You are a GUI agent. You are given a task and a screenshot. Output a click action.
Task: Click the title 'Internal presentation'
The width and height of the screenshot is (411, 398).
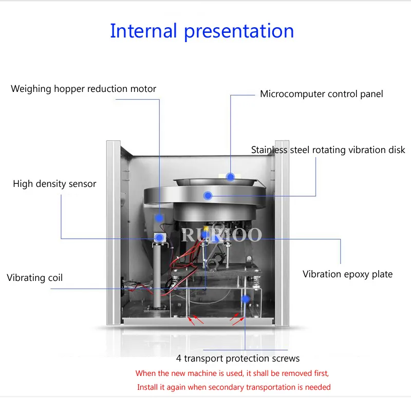click(x=202, y=31)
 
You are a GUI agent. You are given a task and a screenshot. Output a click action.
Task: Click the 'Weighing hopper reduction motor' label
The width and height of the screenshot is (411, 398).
click(x=83, y=89)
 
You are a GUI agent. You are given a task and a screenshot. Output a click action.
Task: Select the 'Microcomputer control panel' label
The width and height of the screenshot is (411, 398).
click(x=321, y=94)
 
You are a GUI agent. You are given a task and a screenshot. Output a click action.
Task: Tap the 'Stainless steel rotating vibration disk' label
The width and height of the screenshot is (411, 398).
click(x=328, y=150)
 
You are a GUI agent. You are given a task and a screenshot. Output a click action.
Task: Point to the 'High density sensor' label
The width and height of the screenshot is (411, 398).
click(x=54, y=183)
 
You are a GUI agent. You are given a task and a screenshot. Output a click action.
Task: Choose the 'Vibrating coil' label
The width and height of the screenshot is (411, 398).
click(x=34, y=278)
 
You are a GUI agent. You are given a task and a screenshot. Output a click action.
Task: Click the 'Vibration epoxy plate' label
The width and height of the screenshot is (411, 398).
click(x=347, y=274)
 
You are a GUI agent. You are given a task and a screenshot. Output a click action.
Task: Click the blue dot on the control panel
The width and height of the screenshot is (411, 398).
click(x=231, y=177)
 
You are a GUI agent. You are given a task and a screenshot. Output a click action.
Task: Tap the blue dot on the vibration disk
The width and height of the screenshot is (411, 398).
click(x=208, y=195)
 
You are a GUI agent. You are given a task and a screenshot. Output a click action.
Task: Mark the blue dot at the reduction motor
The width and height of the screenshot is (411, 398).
click(x=160, y=218)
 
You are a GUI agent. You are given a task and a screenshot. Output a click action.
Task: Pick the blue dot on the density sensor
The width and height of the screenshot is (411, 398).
click(x=160, y=238)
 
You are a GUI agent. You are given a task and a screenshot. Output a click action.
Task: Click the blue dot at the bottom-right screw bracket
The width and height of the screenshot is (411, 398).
click(x=246, y=299)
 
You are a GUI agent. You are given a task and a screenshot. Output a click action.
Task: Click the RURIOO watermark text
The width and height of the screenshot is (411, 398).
click(x=222, y=236)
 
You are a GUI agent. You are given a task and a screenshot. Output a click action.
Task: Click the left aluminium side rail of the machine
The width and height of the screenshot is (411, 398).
click(x=113, y=231)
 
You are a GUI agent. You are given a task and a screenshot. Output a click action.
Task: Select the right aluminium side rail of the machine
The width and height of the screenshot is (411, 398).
click(x=282, y=231)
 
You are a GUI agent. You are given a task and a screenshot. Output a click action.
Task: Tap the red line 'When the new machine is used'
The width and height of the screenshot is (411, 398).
click(x=232, y=373)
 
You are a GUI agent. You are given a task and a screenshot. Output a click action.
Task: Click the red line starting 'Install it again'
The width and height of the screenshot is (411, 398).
click(x=234, y=387)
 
